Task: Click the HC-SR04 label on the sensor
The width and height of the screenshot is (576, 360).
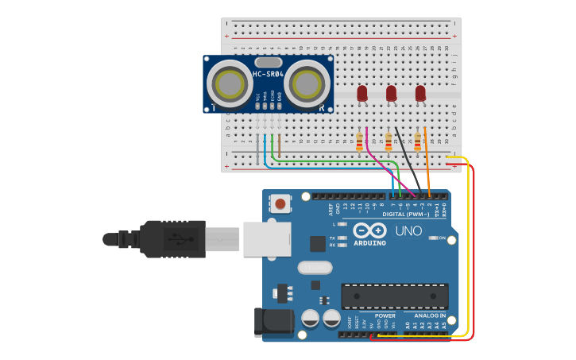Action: click(x=269, y=75)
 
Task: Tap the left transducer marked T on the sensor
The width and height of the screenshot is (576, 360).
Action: click(x=230, y=83)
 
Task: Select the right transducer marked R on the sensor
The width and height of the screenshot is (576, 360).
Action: click(x=307, y=83)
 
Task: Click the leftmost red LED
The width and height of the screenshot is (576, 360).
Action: click(x=362, y=94)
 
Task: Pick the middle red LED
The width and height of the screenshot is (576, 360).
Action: click(x=391, y=94)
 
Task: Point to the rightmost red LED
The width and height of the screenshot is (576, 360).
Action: click(x=420, y=94)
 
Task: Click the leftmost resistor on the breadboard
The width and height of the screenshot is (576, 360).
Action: click(x=359, y=142)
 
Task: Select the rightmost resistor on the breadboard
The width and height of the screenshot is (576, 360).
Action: click(x=417, y=142)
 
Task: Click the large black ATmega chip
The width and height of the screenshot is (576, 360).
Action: click(x=395, y=296)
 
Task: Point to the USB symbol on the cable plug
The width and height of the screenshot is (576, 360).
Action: click(x=176, y=238)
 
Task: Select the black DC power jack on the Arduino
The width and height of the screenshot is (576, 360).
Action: click(x=273, y=322)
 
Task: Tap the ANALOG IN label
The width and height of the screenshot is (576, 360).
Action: click(x=430, y=315)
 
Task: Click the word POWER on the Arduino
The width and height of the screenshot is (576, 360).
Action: click(x=385, y=315)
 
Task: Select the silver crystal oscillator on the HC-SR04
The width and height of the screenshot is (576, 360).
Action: click(x=269, y=62)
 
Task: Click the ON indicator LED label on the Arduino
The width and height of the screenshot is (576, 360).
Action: click(x=442, y=238)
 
